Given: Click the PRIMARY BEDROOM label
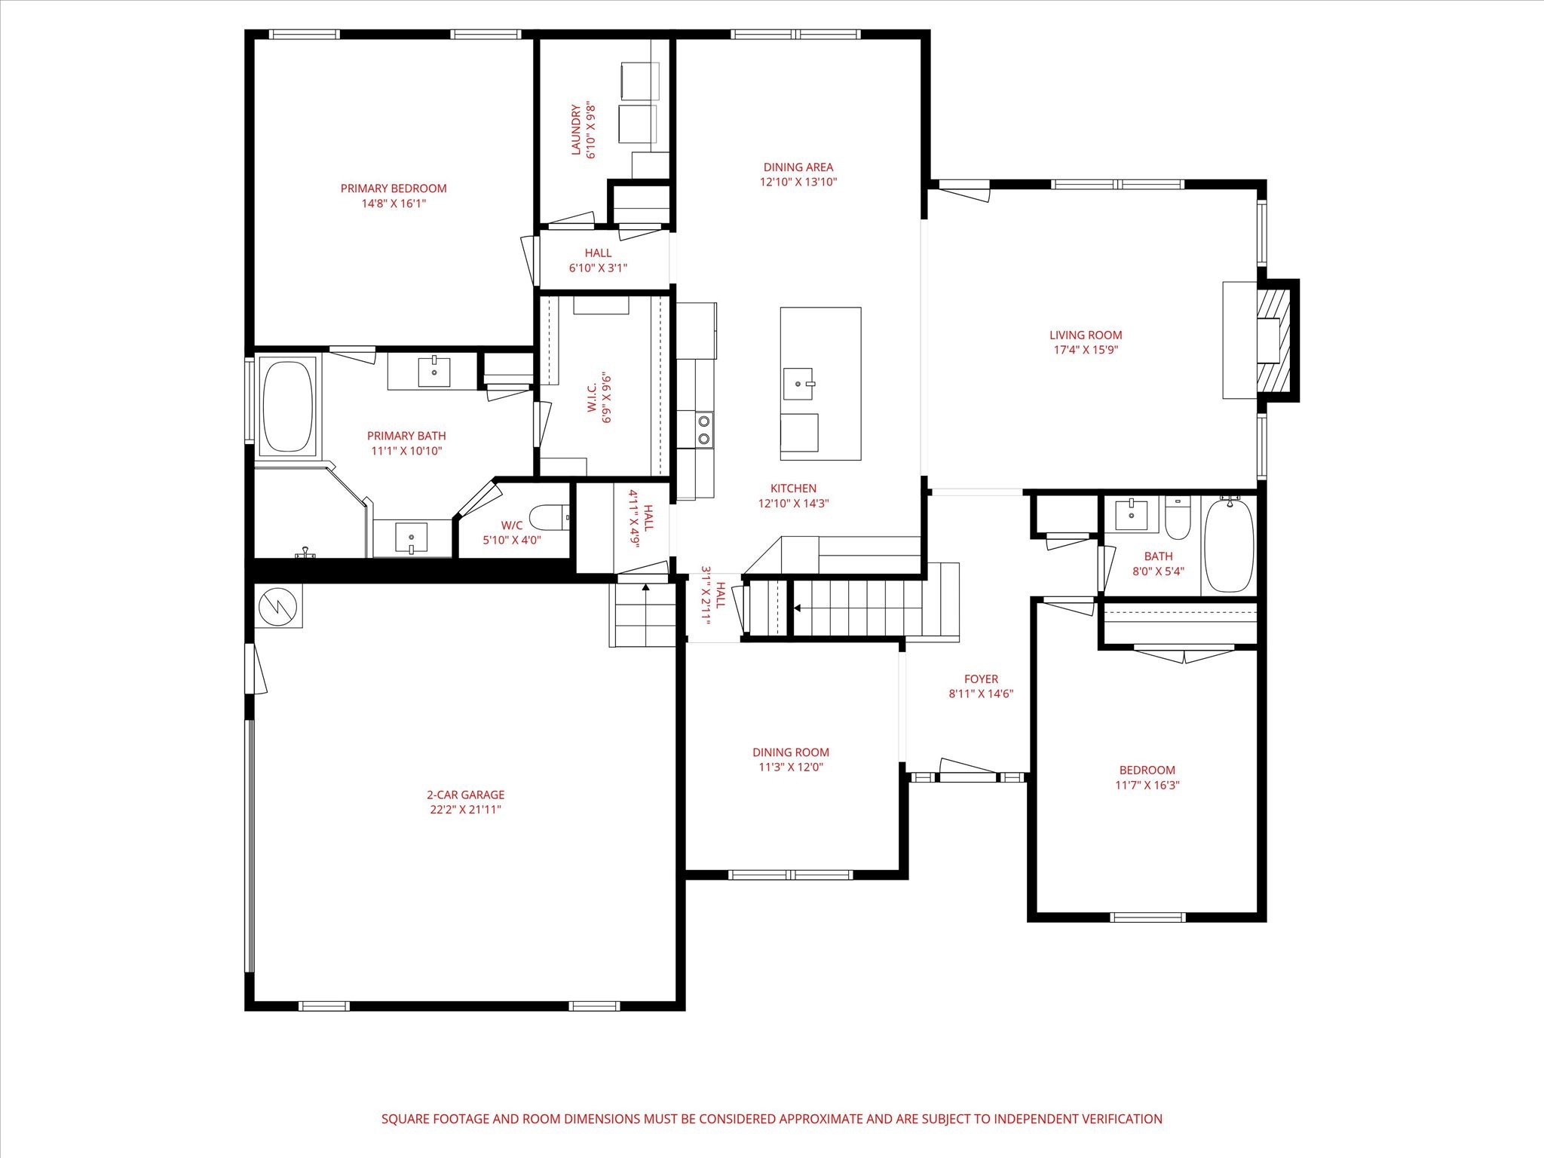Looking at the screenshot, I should [x=394, y=188].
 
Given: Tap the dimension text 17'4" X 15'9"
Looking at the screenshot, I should [x=1086, y=350].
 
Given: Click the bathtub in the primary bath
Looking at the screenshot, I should [x=287, y=406].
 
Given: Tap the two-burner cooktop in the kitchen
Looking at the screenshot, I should [x=704, y=430].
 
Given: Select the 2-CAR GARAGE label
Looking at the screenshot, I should [x=465, y=795].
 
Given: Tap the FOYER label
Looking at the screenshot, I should [x=981, y=679].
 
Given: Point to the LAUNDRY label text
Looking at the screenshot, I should [x=577, y=130].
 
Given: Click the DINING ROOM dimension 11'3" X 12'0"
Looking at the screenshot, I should [x=790, y=767].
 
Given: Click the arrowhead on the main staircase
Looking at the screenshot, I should [x=797, y=608].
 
